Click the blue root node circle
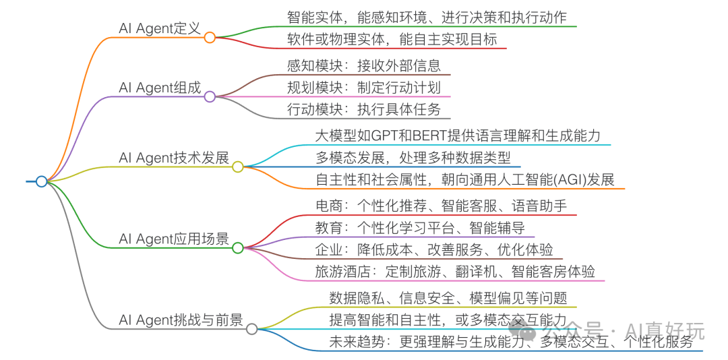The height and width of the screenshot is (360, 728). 42,181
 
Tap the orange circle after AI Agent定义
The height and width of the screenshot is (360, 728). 210,38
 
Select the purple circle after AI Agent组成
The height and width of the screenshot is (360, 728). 210,96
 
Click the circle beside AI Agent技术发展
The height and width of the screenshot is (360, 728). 237,167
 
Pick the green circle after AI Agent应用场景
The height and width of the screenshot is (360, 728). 237,248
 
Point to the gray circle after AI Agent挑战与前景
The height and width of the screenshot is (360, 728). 251,329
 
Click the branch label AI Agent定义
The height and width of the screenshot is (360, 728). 160,28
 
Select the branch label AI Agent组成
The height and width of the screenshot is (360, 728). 160,88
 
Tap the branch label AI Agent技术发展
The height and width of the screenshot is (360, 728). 174,158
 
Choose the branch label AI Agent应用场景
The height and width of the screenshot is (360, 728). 174,239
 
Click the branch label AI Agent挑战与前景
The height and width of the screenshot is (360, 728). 181,320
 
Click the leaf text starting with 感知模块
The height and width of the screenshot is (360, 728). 363,65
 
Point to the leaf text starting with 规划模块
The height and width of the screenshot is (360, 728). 363,88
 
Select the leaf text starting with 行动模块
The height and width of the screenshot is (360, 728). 363,109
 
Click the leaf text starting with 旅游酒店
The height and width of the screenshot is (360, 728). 455,272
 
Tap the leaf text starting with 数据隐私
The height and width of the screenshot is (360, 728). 448,297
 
